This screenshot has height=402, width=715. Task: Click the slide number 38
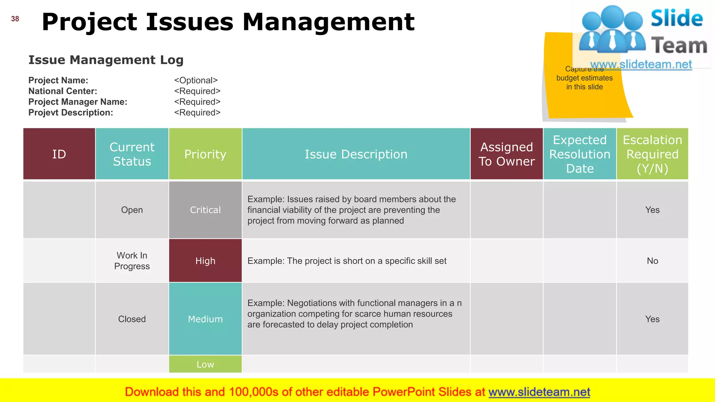[15, 19]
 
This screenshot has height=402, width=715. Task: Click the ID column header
[59, 154]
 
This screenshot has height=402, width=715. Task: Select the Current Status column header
[132, 154]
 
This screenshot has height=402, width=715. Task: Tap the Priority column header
[205, 154]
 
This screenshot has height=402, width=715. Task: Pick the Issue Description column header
[356, 154]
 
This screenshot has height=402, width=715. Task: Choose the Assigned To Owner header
[507, 154]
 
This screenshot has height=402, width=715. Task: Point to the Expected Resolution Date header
[580, 154]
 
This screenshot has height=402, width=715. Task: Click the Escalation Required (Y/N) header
[652, 154]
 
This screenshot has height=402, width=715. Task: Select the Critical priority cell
[205, 210]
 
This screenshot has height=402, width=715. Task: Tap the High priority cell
[205, 261]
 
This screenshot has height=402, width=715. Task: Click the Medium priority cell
[205, 319]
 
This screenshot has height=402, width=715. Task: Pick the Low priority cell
[205, 364]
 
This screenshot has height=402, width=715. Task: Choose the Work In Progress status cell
[132, 261]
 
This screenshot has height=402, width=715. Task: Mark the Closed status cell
[132, 319]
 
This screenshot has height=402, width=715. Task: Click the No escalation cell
[652, 261]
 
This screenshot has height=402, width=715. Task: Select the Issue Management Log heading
[106, 60]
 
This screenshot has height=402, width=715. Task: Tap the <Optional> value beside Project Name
[196, 80]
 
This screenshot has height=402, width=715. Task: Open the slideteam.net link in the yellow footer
[539, 392]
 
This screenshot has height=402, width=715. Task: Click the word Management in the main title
[328, 22]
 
